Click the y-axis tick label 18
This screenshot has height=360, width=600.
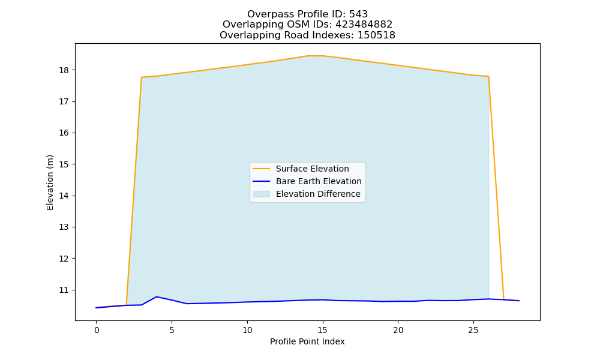(x=64, y=70)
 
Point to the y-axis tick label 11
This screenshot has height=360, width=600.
(x=64, y=290)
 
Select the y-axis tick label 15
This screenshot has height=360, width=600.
(x=64, y=164)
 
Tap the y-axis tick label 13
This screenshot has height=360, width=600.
(x=64, y=227)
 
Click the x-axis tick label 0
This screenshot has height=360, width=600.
(x=97, y=330)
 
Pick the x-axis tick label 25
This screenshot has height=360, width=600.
(x=473, y=330)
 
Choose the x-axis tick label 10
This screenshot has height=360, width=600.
(x=247, y=330)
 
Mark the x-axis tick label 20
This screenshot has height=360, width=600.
(x=398, y=330)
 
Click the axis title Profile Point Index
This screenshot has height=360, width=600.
(x=307, y=341)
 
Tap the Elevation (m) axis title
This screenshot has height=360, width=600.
(x=50, y=182)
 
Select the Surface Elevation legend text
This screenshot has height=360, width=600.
(x=312, y=169)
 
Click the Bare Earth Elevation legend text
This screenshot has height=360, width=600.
(x=319, y=181)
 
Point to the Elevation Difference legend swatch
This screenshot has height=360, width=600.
(x=262, y=194)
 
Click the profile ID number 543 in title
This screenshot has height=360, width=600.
(x=358, y=14)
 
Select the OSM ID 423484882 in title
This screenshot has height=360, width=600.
(x=364, y=25)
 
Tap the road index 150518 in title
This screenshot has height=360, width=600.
(x=376, y=35)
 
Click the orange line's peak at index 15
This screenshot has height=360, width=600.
(x=323, y=56)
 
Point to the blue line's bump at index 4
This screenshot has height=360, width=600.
(x=157, y=296)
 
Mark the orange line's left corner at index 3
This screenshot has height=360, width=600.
(x=142, y=77)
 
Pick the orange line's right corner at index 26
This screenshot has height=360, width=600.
(x=488, y=77)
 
